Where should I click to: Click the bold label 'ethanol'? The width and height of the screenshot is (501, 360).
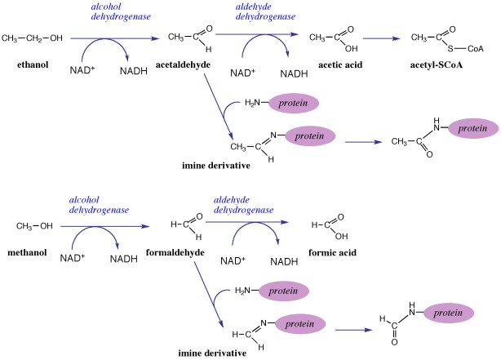point(27,62)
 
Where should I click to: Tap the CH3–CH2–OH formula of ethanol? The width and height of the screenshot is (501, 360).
point(32,38)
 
